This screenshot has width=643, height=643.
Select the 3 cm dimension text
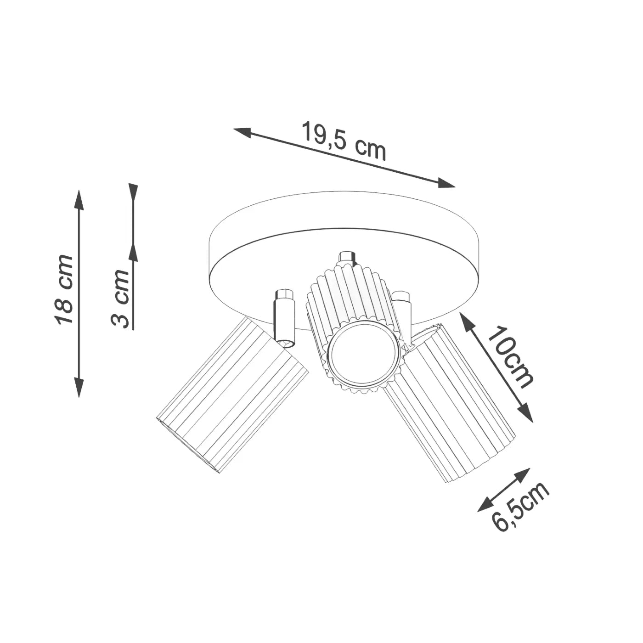pos(121,299)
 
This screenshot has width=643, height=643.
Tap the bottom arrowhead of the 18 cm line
pos(79,388)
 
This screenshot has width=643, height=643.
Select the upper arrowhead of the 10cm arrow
pos(465,320)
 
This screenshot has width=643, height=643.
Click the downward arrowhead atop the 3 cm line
pos(133,192)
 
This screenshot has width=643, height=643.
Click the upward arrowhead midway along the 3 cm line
pos(133,253)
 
